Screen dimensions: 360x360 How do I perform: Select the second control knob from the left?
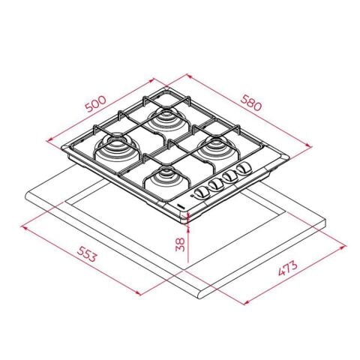pyautogui.click(x=215, y=185)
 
